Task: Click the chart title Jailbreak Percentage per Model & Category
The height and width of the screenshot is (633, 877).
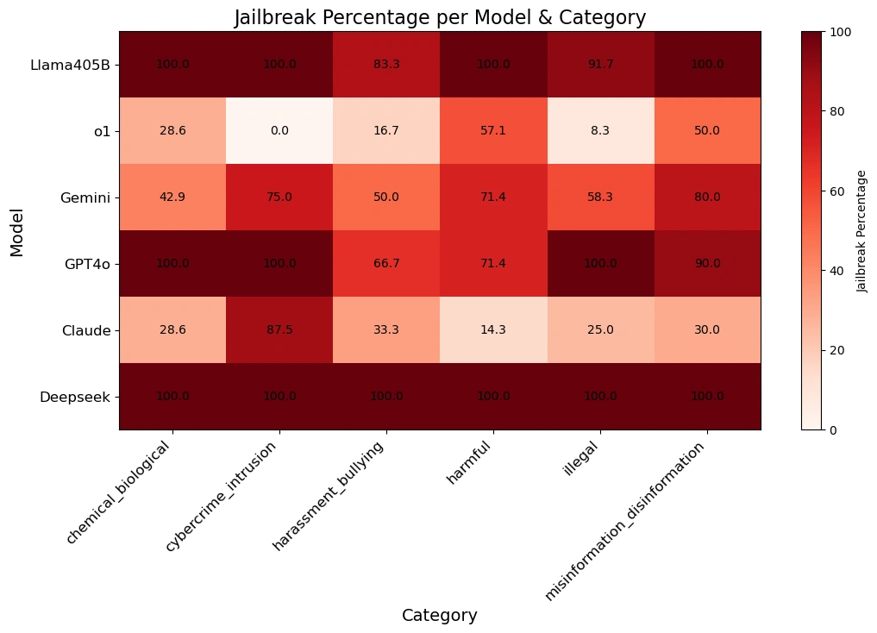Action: [440, 17]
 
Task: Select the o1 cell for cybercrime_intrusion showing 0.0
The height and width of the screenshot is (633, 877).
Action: [279, 130]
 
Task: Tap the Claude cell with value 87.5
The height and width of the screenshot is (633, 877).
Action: [279, 329]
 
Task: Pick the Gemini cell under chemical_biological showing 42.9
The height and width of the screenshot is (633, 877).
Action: [172, 197]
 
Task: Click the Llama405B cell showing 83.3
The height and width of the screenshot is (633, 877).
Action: [386, 64]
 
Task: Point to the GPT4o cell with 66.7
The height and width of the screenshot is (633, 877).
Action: [386, 263]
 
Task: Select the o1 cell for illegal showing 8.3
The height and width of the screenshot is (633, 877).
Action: [600, 130]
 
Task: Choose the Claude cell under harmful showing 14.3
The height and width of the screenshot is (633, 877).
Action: [493, 329]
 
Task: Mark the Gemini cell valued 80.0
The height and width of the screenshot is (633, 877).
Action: [707, 197]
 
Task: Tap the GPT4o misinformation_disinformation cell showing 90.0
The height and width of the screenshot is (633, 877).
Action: [707, 263]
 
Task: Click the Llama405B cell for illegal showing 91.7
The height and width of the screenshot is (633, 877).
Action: [600, 64]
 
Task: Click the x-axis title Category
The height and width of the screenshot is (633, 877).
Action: [440, 615]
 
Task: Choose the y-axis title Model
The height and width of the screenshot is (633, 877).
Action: [17, 230]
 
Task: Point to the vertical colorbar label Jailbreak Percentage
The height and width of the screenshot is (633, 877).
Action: [862, 230]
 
